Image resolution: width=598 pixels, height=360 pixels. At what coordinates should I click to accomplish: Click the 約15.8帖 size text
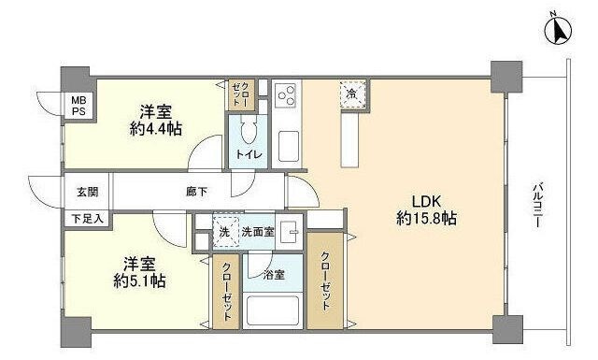pyautogui.click(x=425, y=219)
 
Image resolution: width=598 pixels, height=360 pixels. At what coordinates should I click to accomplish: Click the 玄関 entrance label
pyautogui.click(x=86, y=191)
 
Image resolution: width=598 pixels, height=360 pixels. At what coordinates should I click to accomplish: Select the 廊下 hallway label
pyautogui.click(x=196, y=191)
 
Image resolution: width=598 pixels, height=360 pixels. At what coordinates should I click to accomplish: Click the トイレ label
pyautogui.click(x=248, y=154)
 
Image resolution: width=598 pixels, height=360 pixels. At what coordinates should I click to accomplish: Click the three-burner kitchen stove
pyautogui.click(x=286, y=95)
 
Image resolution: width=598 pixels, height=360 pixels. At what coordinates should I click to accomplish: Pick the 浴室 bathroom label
pyautogui.click(x=273, y=276)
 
